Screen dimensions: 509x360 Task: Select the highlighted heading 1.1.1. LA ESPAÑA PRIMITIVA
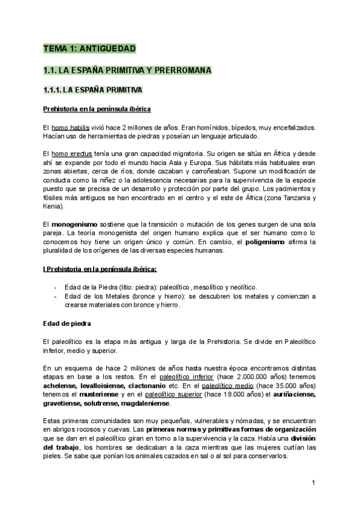(93, 91)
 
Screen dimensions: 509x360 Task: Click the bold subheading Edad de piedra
(67, 324)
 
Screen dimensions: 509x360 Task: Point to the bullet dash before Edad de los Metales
(56, 297)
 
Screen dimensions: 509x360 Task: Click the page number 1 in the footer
(314, 482)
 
